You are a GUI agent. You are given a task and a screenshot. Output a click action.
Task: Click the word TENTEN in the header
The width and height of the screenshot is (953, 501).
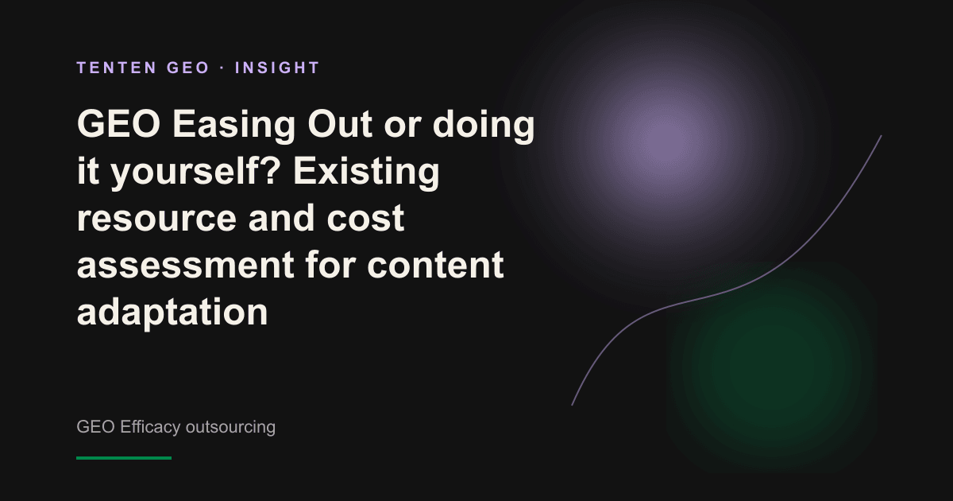(x=117, y=68)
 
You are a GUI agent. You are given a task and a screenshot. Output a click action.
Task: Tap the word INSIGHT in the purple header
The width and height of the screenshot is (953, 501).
(x=277, y=68)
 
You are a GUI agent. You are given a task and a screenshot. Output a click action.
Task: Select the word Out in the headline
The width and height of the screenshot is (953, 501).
(x=340, y=124)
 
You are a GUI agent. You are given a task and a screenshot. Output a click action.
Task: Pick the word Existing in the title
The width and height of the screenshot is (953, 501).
(x=366, y=172)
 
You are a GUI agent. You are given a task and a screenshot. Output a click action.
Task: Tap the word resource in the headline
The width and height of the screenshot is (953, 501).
(x=156, y=219)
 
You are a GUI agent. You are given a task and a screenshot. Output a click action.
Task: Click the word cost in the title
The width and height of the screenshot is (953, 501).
(x=365, y=218)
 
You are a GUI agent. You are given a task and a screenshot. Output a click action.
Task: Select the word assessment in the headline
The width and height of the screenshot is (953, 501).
(x=186, y=265)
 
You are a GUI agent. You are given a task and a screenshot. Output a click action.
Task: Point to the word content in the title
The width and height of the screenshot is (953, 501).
(x=435, y=265)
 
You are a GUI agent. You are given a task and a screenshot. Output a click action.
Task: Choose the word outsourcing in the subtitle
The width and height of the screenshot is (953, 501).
(x=230, y=427)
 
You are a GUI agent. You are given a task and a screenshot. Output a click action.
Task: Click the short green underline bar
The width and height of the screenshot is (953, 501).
(x=124, y=458)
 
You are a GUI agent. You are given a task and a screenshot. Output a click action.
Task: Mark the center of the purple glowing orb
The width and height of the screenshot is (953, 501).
(x=666, y=141)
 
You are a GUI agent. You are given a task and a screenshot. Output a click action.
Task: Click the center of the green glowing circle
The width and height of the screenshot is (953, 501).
(x=772, y=367)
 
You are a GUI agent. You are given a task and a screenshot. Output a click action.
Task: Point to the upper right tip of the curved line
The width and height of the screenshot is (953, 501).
(x=881, y=136)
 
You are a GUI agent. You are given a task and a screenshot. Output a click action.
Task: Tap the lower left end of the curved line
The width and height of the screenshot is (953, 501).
(x=573, y=405)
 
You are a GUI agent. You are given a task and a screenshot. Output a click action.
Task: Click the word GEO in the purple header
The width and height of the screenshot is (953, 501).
(x=188, y=68)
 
